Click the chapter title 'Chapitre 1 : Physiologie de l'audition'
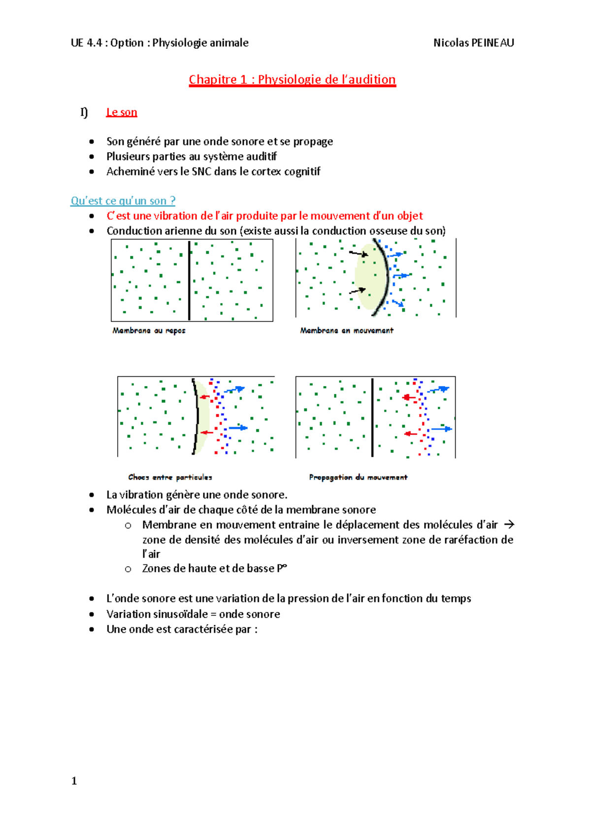pyautogui.click(x=292, y=80)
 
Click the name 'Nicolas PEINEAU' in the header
pyautogui.click(x=473, y=43)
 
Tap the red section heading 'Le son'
pyautogui.click(x=122, y=112)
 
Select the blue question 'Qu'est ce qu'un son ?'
pyautogui.click(x=123, y=201)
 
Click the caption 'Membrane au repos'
pyautogui.click(x=149, y=330)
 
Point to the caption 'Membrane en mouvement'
pyautogui.click(x=347, y=330)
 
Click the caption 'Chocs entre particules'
pyautogui.click(x=170, y=477)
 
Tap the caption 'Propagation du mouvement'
pyautogui.click(x=358, y=477)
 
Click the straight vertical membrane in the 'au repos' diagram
pyautogui.click(x=189, y=281)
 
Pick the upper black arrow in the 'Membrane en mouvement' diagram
pyautogui.click(x=359, y=254)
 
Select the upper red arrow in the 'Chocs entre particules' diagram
pyautogui.click(x=204, y=397)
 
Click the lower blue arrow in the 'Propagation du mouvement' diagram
pyautogui.click(x=441, y=429)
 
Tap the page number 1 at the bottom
pyautogui.click(x=74, y=781)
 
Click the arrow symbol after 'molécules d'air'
pyautogui.click(x=509, y=525)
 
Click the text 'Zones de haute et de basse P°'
pyautogui.click(x=214, y=569)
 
